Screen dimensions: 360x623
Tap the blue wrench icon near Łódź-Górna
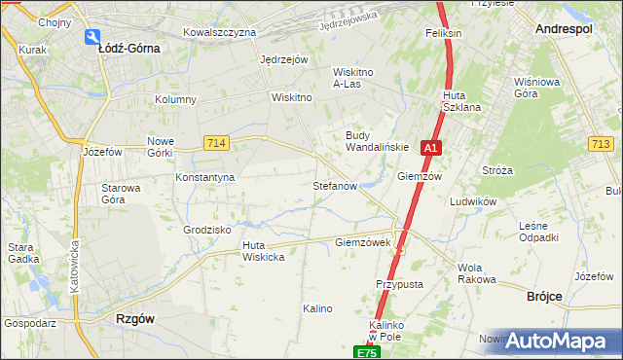(x=92, y=37)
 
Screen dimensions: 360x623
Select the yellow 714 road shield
(x=217, y=143)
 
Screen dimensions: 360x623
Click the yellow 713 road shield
(x=601, y=145)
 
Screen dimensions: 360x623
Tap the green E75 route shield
(x=365, y=352)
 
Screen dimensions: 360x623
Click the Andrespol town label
(x=564, y=30)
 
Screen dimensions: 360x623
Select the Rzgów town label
(x=135, y=318)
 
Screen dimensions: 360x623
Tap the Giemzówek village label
(x=362, y=242)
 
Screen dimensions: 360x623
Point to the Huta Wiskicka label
(x=263, y=251)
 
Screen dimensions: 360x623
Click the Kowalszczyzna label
(x=219, y=32)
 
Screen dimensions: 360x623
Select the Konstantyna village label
(x=204, y=178)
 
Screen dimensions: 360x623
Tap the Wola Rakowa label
(x=476, y=273)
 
